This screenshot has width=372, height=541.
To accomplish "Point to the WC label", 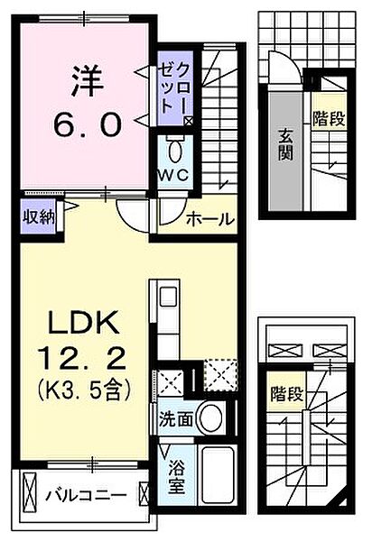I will coord(175,175).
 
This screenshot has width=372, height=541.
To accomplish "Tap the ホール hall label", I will coord(210,219).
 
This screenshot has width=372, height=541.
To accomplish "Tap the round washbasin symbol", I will coord(210,417).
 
